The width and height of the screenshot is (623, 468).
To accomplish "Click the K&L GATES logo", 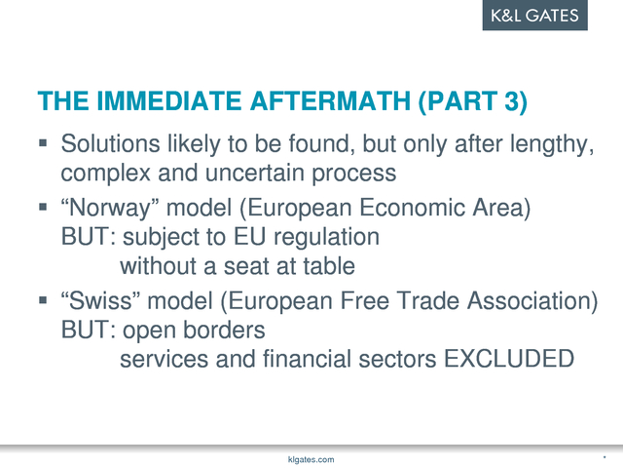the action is [534, 16].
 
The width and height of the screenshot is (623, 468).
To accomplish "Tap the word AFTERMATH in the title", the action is [330, 100].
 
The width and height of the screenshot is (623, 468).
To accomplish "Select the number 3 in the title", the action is [511, 100].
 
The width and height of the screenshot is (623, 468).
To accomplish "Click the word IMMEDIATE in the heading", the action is [168, 100].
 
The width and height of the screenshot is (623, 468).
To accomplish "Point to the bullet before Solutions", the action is [43, 143].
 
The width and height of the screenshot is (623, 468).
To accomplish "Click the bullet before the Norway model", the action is [43, 207].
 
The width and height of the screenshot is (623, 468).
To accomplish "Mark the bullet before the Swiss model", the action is [43, 299].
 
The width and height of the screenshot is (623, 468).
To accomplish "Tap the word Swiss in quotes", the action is [100, 300].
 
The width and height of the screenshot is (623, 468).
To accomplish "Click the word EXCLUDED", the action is [509, 359].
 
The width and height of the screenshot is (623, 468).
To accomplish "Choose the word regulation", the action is [327, 238].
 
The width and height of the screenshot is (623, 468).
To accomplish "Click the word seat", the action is [246, 266].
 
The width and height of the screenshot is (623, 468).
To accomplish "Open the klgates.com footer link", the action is [311, 460].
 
